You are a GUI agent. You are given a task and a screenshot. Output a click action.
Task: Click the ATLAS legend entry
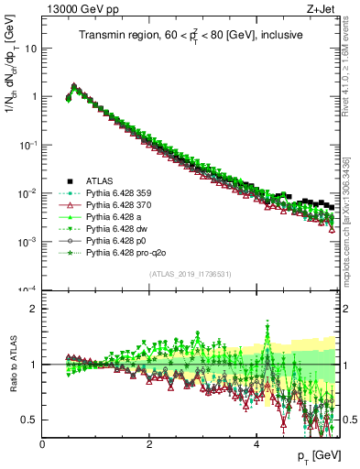pyautogui.click(x=99, y=180)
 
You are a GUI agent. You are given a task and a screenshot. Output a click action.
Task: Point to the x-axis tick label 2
pyautogui.click(x=149, y=444)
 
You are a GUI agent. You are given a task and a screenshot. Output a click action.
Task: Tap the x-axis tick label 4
pyautogui.click(x=256, y=444)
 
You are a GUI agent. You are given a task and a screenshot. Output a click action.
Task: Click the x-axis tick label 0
pyautogui.click(x=42, y=444)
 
